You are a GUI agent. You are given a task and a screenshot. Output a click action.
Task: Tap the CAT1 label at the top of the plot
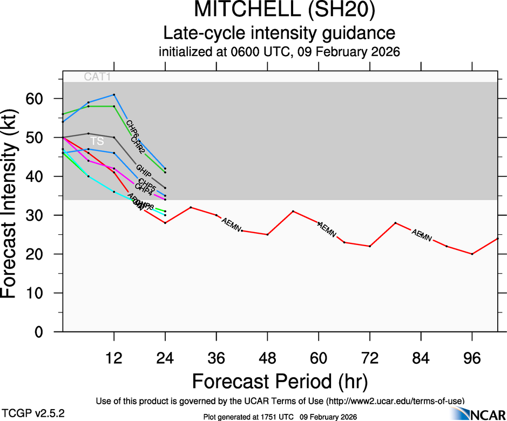(98, 77)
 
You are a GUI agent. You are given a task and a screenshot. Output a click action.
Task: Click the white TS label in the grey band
(97, 141)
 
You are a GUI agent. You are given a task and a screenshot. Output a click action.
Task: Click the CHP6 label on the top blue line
(132, 129)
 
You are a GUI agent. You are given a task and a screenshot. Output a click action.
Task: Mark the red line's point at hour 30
(191, 207)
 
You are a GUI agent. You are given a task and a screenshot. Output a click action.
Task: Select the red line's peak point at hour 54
(293, 211)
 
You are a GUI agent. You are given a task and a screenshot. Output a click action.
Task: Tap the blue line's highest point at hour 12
(114, 94)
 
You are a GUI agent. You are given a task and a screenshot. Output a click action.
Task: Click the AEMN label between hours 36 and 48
(231, 225)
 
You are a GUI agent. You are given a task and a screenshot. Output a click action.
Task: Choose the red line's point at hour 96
(472, 254)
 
